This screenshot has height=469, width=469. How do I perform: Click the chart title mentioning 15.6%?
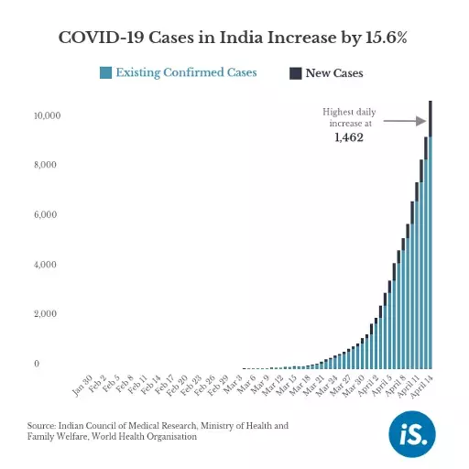tap(234, 38)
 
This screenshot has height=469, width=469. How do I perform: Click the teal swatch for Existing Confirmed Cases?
tap(106, 73)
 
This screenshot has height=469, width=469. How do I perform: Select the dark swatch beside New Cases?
tap(295, 73)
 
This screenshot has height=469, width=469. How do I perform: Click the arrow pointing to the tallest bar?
tap(404, 120)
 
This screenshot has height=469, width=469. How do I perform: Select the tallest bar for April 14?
tap(431, 238)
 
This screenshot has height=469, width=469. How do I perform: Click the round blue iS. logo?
tap(412, 432)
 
